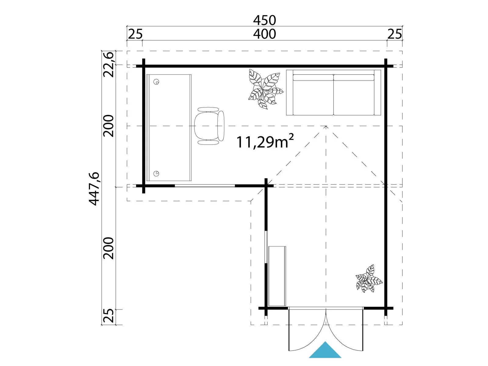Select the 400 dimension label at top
(x=264, y=34)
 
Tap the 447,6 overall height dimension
(x=94, y=189)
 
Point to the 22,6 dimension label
(x=109, y=64)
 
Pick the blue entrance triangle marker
(x=325, y=350)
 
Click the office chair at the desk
(x=209, y=126)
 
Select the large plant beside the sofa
(x=265, y=89)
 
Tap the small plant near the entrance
(x=369, y=278)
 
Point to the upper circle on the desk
(x=157, y=82)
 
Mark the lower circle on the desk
(x=156, y=173)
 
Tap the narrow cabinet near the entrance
(x=277, y=276)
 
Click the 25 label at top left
(x=135, y=34)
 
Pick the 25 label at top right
(x=395, y=34)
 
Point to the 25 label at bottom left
(x=109, y=316)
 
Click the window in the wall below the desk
(x=205, y=186)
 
